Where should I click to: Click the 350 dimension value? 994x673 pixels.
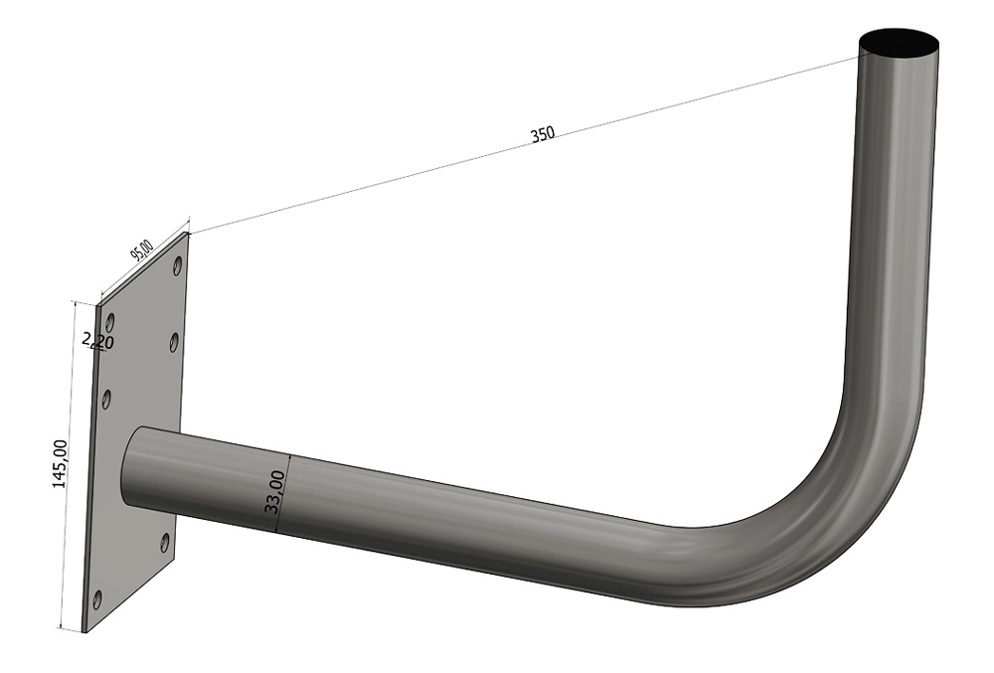coord(542,135)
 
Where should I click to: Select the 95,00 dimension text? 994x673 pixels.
coord(142,250)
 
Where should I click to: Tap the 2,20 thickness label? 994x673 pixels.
coord(98,342)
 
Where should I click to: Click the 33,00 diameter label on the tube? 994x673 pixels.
coord(275,492)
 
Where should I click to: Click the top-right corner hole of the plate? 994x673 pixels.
coord(177,266)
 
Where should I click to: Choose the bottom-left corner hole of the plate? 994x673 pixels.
coord(96,598)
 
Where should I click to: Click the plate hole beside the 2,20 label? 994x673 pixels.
coord(110,323)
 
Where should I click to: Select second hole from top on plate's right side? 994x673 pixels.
coord(174,342)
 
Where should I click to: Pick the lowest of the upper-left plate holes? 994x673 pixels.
coord(106,399)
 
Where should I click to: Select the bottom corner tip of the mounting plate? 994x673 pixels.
coord(84,632)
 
